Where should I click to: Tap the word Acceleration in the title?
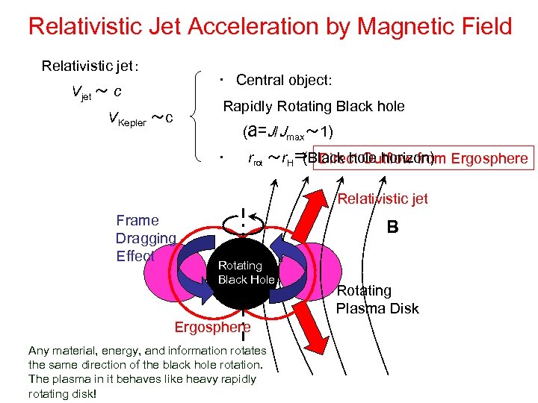click(270, 27)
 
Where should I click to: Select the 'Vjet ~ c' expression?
click(97, 92)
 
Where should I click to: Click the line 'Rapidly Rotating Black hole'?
click(314, 106)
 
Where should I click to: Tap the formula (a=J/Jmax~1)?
click(288, 132)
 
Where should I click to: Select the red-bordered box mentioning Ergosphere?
click(422, 158)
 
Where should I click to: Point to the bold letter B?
click(392, 226)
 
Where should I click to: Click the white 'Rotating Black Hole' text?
click(245, 273)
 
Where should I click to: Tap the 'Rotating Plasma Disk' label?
click(377, 299)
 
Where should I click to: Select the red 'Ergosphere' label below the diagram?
click(212, 327)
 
